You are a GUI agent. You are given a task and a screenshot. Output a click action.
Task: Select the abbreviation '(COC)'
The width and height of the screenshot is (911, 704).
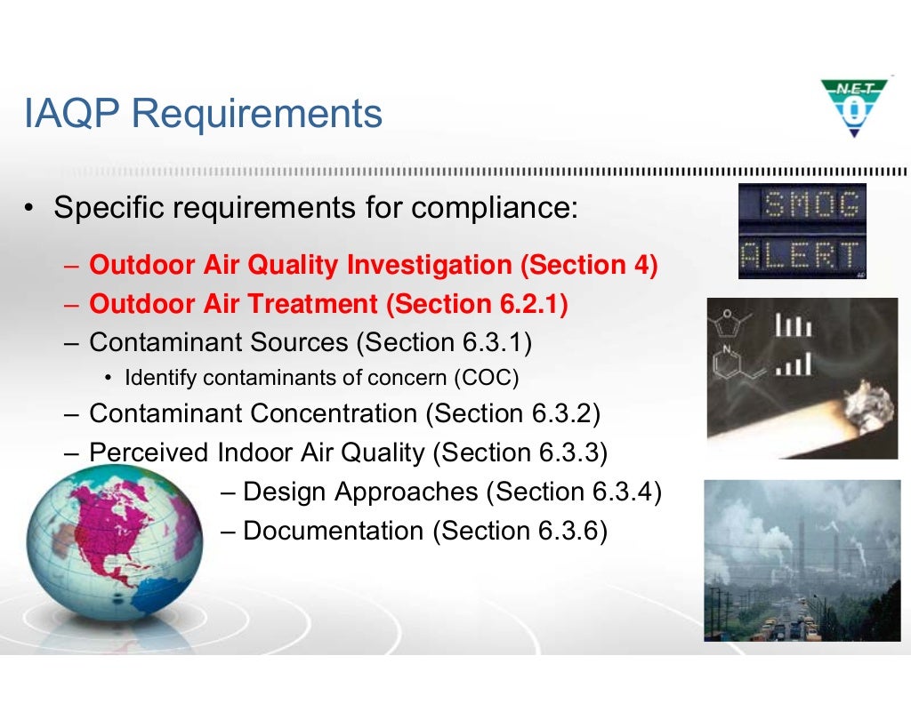click(x=486, y=378)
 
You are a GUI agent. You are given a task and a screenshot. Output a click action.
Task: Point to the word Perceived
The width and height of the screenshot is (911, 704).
click(x=149, y=452)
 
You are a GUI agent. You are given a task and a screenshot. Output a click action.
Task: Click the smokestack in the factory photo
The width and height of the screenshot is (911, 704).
click(x=801, y=551)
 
